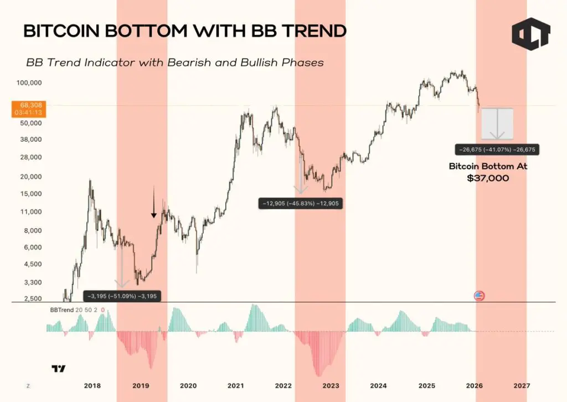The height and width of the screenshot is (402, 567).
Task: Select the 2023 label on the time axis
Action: pyautogui.click(x=331, y=385)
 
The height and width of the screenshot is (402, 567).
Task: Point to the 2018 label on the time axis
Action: pyautogui.click(x=92, y=385)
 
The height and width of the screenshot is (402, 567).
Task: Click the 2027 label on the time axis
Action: pyautogui.click(x=522, y=385)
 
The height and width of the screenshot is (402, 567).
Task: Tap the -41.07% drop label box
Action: pyautogui.click(x=496, y=149)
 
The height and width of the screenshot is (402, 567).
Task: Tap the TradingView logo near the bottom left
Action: pyautogui.click(x=58, y=369)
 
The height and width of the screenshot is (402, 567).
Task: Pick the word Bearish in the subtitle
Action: pyautogui.click(x=165, y=63)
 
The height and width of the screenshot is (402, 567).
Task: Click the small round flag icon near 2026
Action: pyautogui.click(x=480, y=296)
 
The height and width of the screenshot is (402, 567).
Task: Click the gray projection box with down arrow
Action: pyautogui.click(x=497, y=123)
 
